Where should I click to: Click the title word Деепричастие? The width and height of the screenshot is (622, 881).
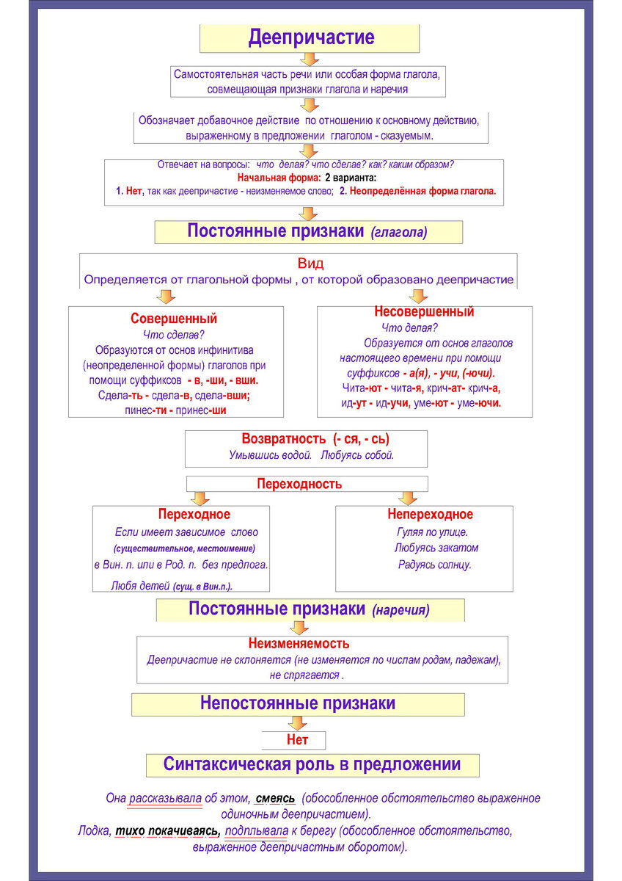tap(311, 37)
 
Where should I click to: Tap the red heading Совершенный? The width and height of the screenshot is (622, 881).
tap(174, 319)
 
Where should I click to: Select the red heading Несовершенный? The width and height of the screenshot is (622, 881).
tap(424, 312)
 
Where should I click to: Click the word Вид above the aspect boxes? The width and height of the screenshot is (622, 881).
tap(310, 264)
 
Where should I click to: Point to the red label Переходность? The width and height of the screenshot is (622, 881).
tap(299, 485)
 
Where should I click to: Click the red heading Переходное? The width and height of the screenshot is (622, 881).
tap(194, 515)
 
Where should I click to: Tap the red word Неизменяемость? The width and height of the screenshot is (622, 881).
tap(299, 644)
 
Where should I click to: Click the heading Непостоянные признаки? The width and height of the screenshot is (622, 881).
tap(298, 703)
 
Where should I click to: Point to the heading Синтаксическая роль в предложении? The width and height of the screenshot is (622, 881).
tap(312, 764)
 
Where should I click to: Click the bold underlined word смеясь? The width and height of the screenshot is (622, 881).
tap(276, 798)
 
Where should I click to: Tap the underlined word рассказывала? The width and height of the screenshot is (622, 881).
tap(165, 798)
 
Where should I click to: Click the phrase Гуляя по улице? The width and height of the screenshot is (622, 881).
tap(431, 532)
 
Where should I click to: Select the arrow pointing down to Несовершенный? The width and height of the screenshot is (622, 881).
tap(418, 296)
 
